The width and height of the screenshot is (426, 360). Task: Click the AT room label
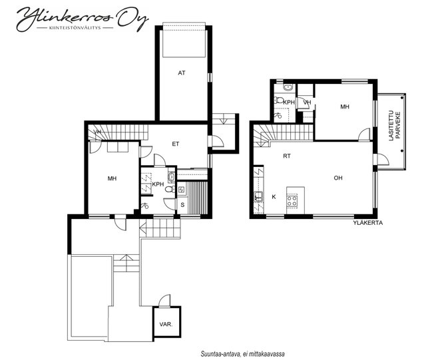click(x=182, y=73)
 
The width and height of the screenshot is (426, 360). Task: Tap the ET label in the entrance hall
click(x=176, y=144)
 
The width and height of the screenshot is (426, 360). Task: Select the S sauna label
click(x=182, y=205)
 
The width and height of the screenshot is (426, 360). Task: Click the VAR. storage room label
click(x=166, y=325)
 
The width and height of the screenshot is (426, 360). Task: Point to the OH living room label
click(x=338, y=178)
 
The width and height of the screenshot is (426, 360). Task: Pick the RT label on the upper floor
click(x=287, y=156)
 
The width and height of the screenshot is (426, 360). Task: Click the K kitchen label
click(x=274, y=197)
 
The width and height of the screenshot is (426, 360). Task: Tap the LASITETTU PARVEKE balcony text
click(x=395, y=125)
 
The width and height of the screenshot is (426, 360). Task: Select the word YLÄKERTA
click(x=368, y=223)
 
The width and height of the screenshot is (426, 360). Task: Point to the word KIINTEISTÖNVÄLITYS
click(x=75, y=28)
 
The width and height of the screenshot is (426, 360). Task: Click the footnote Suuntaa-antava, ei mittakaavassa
click(x=242, y=354)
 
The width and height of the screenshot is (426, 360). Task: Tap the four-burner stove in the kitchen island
click(x=292, y=201)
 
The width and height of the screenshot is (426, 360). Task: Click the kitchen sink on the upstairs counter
click(x=258, y=196)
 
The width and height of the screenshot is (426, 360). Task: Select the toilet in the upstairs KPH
click(x=279, y=100)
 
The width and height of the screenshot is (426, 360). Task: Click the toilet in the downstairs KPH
click(x=170, y=190)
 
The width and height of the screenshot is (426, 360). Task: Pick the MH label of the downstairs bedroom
click(x=112, y=178)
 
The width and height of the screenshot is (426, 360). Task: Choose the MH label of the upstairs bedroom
click(x=345, y=106)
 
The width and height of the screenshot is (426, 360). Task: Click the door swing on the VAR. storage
click(x=164, y=301)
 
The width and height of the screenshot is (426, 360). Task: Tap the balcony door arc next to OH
click(x=383, y=160)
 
